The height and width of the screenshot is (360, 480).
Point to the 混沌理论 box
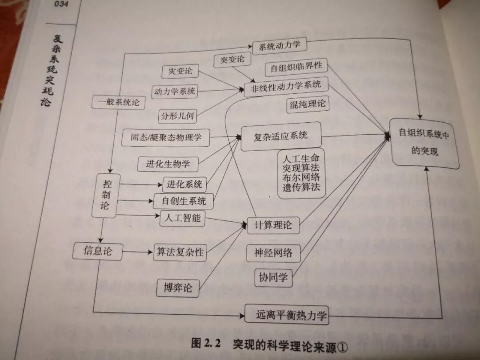[308, 104]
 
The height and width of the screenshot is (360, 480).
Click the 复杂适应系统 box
[280, 136]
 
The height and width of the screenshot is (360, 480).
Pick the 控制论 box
[106, 195]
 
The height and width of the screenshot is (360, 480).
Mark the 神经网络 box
[273, 252]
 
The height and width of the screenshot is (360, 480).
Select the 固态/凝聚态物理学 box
[166, 137]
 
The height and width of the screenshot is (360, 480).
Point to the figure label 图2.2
[207, 343]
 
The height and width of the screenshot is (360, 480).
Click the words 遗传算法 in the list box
[301, 187]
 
